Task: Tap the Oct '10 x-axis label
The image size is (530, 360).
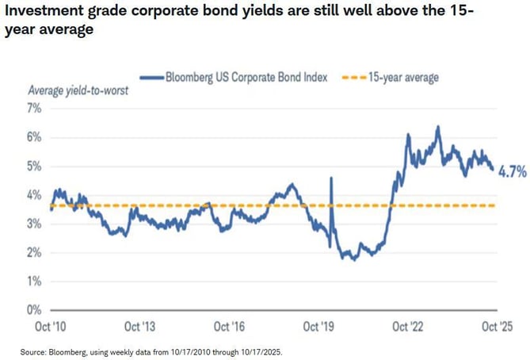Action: [x=49, y=326]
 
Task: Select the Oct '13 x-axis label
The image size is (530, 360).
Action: [x=140, y=326]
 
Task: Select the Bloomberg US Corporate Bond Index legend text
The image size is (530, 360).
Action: [x=247, y=77]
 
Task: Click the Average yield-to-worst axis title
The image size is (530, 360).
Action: [x=78, y=90]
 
